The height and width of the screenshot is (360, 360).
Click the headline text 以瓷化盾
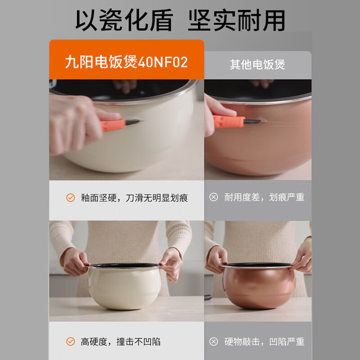click(124, 20)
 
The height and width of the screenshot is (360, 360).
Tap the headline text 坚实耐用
click(236, 20)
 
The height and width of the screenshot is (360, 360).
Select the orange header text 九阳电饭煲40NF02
click(126, 62)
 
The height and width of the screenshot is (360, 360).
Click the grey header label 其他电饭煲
click(258, 65)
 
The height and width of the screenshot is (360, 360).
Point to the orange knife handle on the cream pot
click(112, 125)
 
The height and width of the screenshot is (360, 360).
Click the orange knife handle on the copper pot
click(229, 121)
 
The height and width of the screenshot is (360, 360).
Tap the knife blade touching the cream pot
click(134, 121)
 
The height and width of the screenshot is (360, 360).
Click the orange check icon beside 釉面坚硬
click(70, 197)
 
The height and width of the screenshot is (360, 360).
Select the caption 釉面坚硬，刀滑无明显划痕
click(134, 198)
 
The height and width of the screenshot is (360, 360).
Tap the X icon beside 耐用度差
click(214, 197)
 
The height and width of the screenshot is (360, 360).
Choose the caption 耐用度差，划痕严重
click(264, 197)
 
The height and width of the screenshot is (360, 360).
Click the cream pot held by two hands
click(125, 286)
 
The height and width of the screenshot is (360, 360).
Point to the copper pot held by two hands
click(258, 286)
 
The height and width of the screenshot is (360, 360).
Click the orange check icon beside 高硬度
click(70, 341)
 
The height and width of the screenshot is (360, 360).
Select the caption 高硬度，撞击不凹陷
click(120, 341)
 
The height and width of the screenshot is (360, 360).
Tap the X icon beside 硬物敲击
click(214, 341)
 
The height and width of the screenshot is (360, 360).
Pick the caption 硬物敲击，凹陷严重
click(264, 341)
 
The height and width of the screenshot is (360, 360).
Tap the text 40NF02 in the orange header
click(163, 62)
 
